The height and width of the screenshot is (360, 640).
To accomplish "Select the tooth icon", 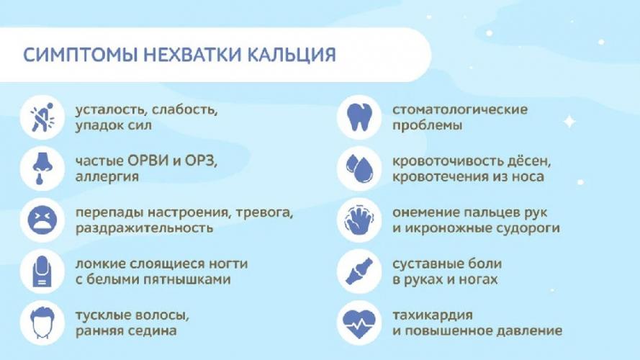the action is (x=359, y=117).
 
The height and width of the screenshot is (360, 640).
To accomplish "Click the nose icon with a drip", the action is (x=42, y=168).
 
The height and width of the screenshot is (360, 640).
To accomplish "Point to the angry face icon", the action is (x=42, y=220).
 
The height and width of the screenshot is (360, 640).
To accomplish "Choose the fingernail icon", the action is (x=42, y=271).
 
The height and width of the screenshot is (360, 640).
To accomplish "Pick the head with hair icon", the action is (x=42, y=323).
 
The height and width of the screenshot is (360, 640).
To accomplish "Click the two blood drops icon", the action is (x=359, y=168).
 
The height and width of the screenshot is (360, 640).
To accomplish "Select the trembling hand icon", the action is (x=359, y=220).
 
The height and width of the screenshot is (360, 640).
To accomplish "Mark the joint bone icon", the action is (x=359, y=271).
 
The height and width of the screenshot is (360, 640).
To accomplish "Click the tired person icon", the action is (x=42, y=117).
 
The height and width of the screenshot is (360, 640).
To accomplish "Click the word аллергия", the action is (x=107, y=177).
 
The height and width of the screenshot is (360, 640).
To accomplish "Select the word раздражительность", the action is (x=144, y=228).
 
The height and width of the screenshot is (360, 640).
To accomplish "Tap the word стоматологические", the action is (x=460, y=109).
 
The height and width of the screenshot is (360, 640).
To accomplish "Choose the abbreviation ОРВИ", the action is (x=148, y=161).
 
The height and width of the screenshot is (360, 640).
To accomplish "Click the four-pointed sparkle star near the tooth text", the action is (x=569, y=122).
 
